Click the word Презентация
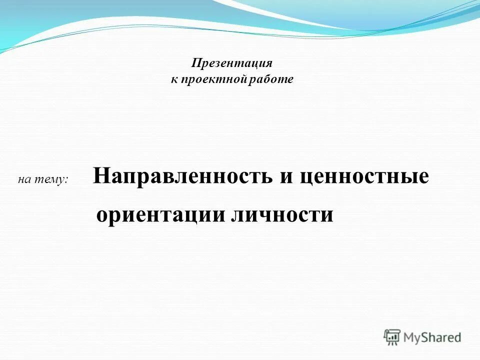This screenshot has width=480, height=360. [x=232, y=63]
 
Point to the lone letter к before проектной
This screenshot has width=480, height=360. [x=174, y=80]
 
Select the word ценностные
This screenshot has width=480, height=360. [x=364, y=176]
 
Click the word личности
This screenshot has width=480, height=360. [x=282, y=215]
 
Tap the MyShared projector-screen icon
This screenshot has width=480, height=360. [x=392, y=337]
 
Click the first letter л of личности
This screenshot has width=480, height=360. [x=236, y=215]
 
